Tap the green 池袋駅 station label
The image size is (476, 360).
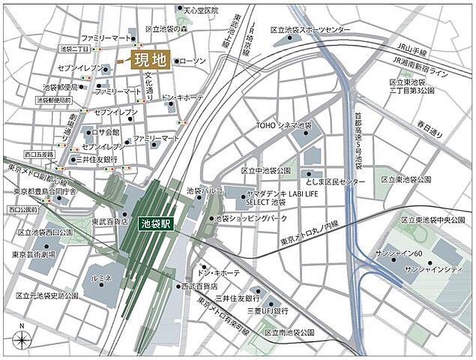156,222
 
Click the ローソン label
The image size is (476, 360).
193,60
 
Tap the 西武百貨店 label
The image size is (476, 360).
198,286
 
